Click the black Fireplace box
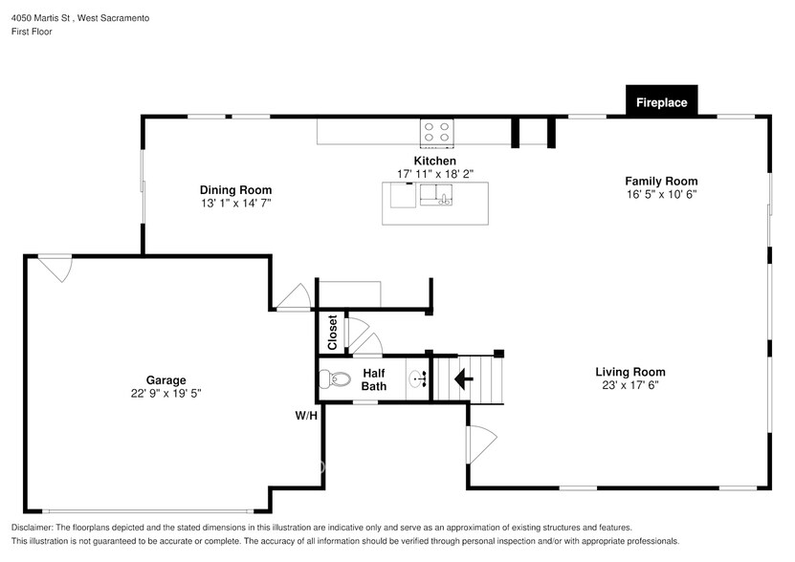point(662,101)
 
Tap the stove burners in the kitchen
point(436,132)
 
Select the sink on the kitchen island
point(436,195)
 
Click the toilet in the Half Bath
point(335,379)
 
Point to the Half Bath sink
point(419,378)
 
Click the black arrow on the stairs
point(463,378)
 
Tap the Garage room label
point(166,380)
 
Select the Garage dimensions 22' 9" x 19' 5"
point(166,393)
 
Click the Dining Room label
point(235,190)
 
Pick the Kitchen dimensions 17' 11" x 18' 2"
point(435,174)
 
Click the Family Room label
point(661,181)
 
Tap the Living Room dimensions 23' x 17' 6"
point(630,385)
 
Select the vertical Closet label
point(333,333)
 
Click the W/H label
point(306,416)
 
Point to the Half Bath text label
point(374,379)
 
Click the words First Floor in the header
point(32,32)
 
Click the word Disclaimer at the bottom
point(32,528)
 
